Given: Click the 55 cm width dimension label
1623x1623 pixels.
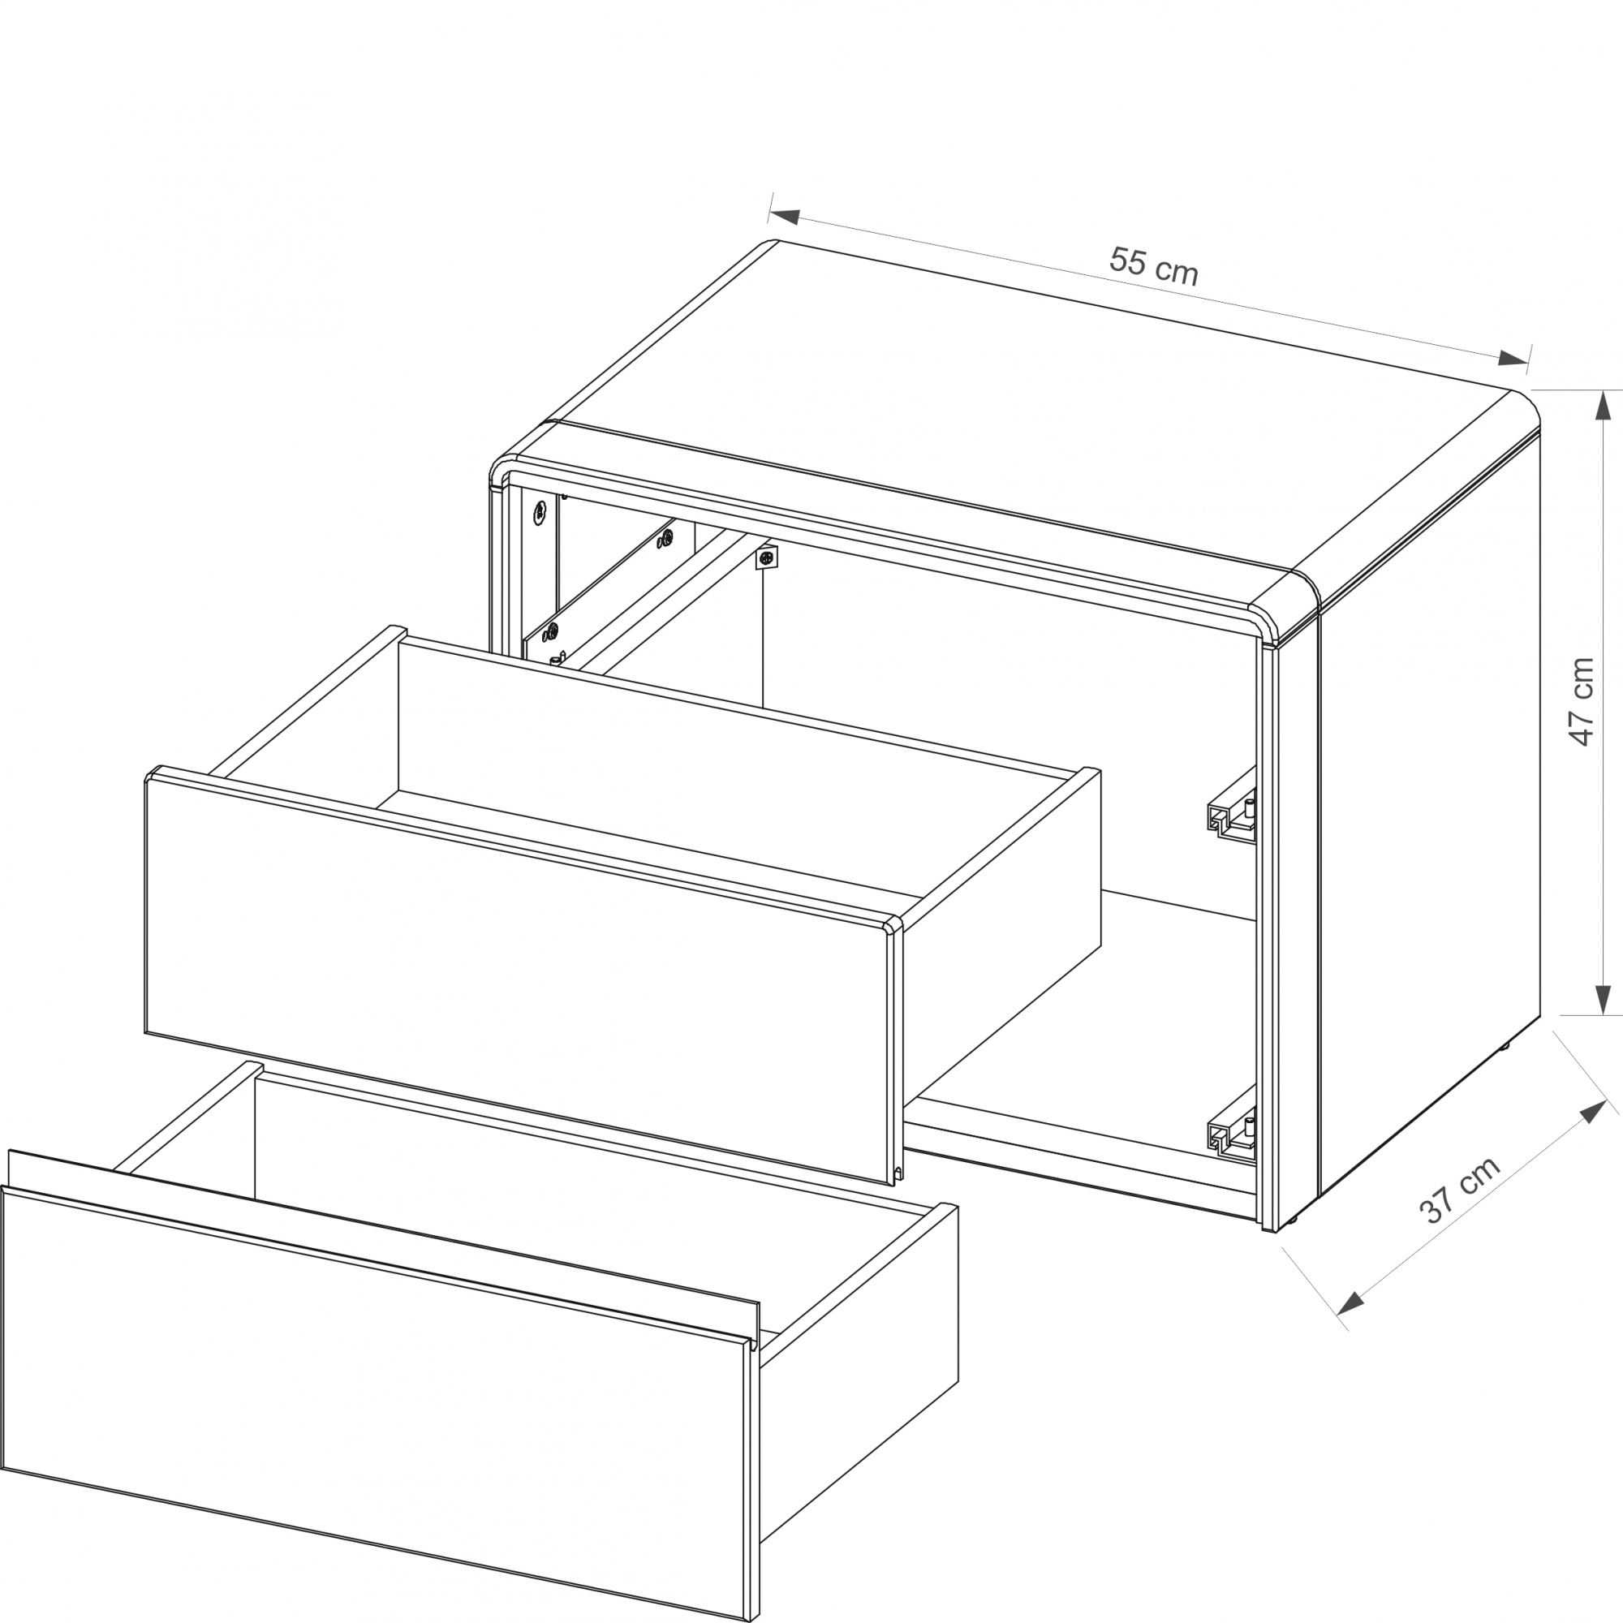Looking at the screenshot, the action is [x=1153, y=265].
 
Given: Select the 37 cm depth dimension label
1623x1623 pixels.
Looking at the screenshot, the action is [x=1459, y=1190].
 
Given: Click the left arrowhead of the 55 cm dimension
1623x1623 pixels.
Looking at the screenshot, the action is [x=783, y=216].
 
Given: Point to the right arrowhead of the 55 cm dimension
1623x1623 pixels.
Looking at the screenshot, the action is [x=1513, y=359].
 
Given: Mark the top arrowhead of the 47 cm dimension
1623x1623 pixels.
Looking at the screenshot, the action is [x=1604, y=406].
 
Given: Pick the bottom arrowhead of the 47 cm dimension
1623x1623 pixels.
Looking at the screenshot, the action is [x=1604, y=999].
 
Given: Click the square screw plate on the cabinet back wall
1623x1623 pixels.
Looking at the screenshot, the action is [x=766, y=557].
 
